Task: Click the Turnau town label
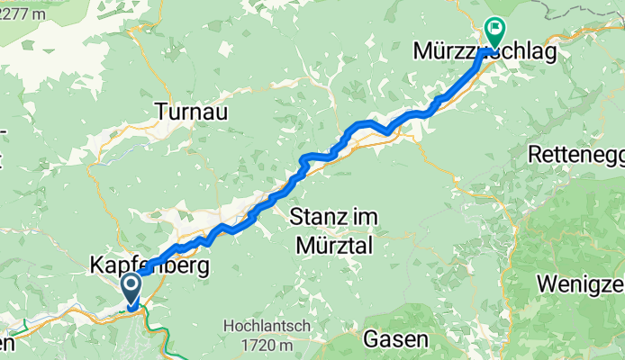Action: click(191, 112)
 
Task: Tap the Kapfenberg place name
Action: click(149, 267)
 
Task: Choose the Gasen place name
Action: click(395, 339)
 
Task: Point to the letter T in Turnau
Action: click(160, 112)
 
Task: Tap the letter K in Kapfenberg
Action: click(97, 267)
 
